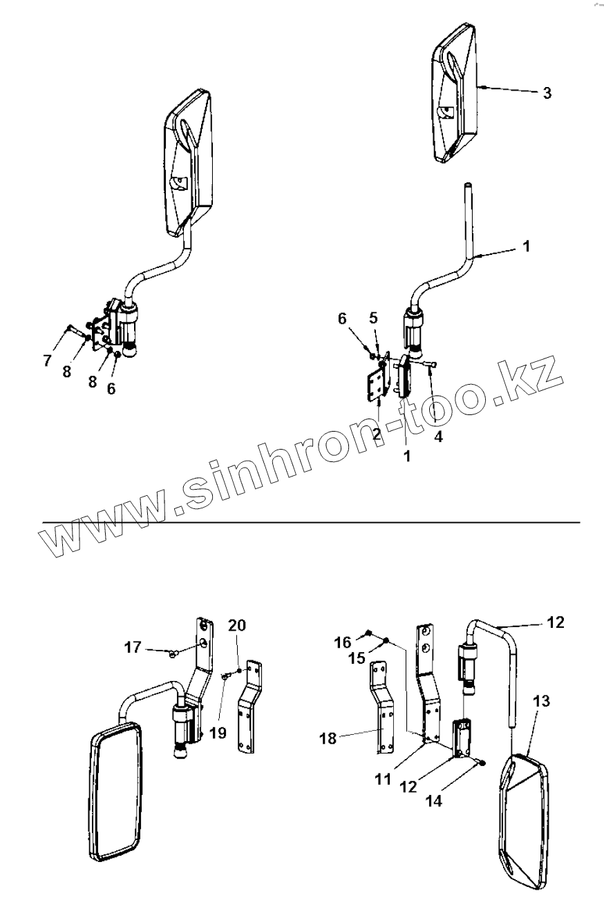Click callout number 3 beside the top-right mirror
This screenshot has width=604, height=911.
547,93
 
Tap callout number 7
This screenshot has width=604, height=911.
47,360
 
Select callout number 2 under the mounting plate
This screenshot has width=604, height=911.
377,434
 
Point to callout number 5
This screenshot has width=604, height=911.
373,318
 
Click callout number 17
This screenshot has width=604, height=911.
133,647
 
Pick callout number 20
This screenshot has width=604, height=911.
237,626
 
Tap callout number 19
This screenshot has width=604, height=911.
218,733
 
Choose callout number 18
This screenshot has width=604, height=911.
328,738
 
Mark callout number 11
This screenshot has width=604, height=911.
384,780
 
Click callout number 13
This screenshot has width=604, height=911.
542,702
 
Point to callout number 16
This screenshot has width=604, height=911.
343,643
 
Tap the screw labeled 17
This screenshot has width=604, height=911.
173,651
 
